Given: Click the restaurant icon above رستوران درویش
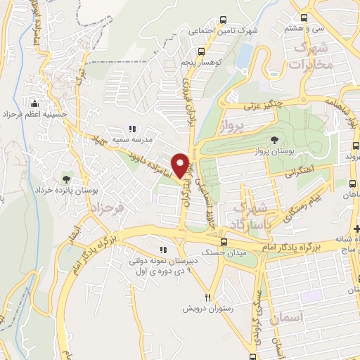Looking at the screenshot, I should [x=207, y=297].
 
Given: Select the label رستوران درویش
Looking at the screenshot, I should [x=202, y=309].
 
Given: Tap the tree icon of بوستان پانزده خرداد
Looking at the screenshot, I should [x=67, y=179].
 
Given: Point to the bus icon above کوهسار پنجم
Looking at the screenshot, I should [x=202, y=51].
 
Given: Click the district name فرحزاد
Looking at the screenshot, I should [x=108, y=209].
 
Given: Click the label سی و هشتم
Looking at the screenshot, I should [x=304, y=28].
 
